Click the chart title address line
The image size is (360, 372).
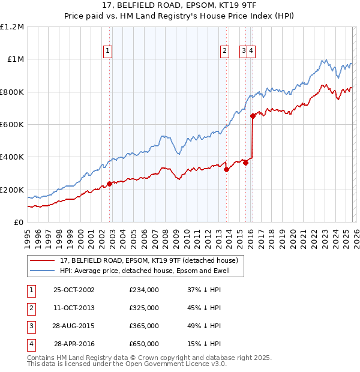pyautogui.click(x=179, y=6)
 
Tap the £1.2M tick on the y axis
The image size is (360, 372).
pyautogui.click(x=12, y=27)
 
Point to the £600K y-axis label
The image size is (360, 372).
pyautogui.click(x=12, y=125)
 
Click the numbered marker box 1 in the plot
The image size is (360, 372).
pyautogui.click(x=107, y=51)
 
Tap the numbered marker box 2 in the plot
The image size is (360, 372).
pyautogui.click(x=224, y=51)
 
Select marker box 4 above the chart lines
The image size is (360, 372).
pyautogui.click(x=251, y=51)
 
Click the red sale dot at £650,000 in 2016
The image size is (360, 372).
pyautogui.click(x=253, y=116)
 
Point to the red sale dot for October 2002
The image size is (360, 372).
pyautogui.click(x=109, y=184)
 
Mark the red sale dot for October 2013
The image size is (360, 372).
pyautogui.click(x=226, y=169)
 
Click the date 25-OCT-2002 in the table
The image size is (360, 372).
pyautogui.click(x=74, y=290)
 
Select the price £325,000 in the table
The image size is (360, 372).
pyautogui.click(x=144, y=308)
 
